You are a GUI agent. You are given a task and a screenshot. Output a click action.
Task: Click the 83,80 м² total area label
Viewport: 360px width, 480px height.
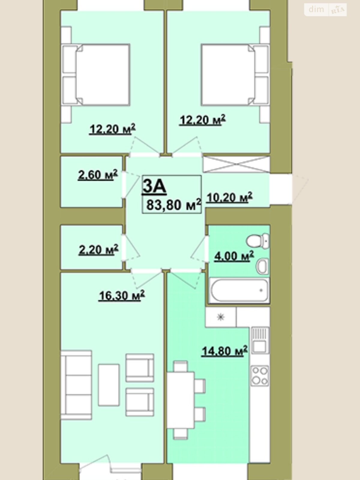pyautogui.click(x=174, y=205)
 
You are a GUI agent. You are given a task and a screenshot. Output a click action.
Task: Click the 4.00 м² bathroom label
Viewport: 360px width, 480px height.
pyautogui.click(x=234, y=256)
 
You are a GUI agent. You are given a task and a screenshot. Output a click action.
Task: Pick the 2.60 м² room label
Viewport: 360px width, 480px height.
pyautogui.click(x=98, y=175)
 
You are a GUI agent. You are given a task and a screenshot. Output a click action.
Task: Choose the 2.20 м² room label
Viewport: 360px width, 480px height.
pyautogui.click(x=98, y=250)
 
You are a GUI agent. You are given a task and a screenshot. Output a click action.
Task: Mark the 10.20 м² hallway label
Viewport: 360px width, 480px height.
pyautogui.click(x=229, y=197)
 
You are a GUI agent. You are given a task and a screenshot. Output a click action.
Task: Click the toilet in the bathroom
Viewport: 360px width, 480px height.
pyautogui.click(x=258, y=241)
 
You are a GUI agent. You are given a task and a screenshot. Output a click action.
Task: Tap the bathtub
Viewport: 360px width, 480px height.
pyautogui.click(x=239, y=291)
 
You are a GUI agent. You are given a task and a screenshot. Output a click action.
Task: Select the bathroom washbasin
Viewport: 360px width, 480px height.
pyautogui.click(x=262, y=266)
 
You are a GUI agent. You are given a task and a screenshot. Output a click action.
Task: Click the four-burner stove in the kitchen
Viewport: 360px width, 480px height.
pyautogui.click(x=260, y=376)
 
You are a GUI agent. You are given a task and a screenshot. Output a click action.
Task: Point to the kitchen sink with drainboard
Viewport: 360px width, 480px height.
pyautogui.click(x=260, y=340)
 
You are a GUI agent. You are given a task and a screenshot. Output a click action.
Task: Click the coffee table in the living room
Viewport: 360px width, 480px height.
pyautogui.click(x=109, y=385)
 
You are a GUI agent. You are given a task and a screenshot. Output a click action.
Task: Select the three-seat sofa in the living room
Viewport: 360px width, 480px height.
pyautogui.click(x=76, y=385)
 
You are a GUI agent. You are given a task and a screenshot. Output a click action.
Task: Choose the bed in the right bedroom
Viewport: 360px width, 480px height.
pyautogui.click(x=235, y=75)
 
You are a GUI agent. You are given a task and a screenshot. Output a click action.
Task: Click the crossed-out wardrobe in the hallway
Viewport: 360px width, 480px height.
pyautogui.click(x=236, y=164)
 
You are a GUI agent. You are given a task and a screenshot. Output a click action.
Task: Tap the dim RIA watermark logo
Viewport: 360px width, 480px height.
pyautogui.click(x=325, y=10)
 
